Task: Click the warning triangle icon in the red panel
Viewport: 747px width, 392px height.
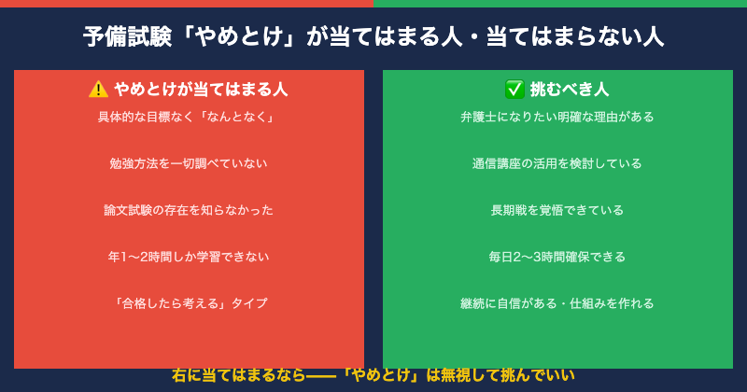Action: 98,90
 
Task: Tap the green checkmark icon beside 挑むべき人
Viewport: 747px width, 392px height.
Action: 514,90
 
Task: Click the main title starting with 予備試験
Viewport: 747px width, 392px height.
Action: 373,37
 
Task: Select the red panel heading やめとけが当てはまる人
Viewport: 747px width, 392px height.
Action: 200,90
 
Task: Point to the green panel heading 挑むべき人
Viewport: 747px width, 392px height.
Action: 569,90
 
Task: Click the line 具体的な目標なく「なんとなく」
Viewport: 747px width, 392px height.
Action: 189,117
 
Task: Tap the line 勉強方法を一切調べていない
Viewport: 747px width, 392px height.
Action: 189,163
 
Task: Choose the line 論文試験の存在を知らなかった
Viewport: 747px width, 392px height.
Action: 189,210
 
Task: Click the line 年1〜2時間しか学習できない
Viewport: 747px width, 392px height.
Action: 189,257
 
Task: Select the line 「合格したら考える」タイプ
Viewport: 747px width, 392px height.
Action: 189,303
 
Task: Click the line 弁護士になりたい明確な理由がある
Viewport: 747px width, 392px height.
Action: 557,117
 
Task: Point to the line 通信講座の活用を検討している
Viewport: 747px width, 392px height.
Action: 557,163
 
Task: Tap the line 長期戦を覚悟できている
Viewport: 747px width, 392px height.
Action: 557,210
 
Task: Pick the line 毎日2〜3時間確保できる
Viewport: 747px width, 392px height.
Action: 557,257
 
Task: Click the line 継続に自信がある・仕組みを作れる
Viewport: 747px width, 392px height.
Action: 557,303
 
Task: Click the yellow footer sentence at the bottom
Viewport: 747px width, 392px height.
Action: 373,375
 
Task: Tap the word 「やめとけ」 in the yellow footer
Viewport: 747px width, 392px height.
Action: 380,375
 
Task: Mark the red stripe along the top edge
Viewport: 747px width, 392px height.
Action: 187,3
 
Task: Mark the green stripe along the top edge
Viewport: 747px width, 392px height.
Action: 560,3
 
